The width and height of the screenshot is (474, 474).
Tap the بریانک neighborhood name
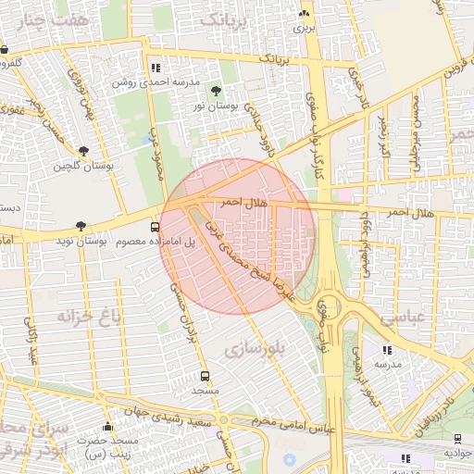(225, 20)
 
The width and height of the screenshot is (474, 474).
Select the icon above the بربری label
(304, 14)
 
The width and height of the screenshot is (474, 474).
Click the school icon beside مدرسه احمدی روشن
(156, 68)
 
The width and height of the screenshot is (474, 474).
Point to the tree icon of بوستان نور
(216, 91)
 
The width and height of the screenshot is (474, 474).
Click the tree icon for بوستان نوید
(81, 226)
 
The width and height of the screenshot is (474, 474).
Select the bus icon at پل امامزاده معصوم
(155, 226)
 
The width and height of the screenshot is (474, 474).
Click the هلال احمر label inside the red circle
(242, 201)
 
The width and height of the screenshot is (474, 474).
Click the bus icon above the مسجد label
(205, 376)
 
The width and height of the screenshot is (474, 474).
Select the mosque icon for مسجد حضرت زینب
(107, 427)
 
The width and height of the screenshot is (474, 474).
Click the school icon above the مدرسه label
(387, 350)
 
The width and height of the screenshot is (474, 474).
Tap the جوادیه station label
(458, 453)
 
